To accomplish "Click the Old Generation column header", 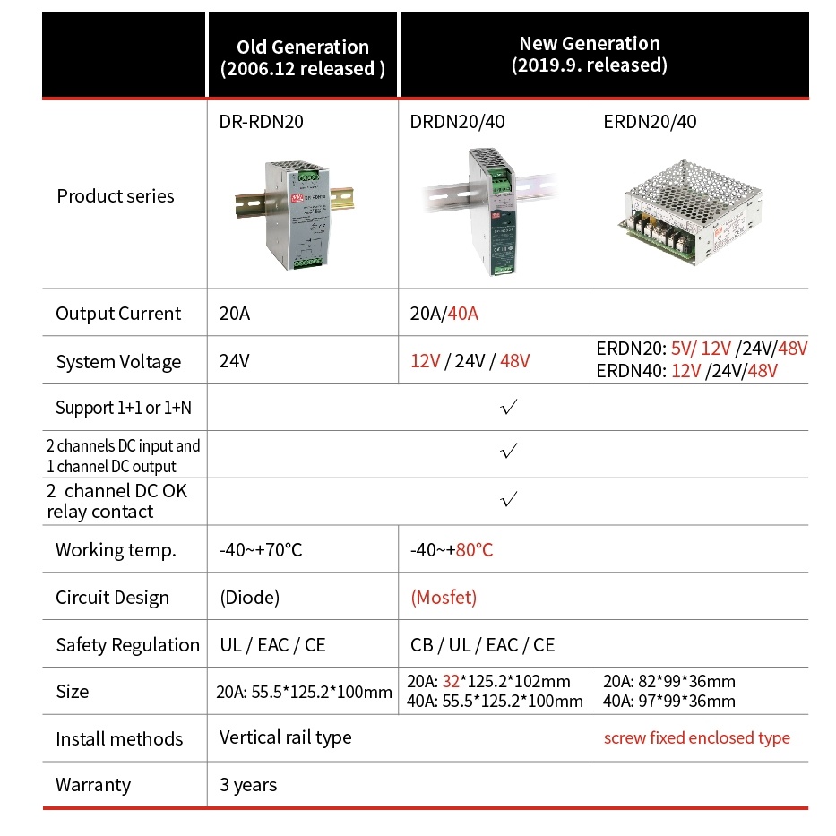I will point(303,57).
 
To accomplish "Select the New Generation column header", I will point(590,54).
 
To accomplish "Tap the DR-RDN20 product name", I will point(262,123).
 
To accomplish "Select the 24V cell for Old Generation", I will point(237,362).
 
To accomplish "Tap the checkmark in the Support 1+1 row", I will point(509,408).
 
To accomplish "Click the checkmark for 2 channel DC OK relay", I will point(509,500).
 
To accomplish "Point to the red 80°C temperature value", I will point(474,550).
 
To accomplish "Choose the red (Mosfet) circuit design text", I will point(444,598).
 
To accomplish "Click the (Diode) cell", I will point(250,598).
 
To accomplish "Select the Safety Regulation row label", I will point(127,645).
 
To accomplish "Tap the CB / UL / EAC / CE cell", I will point(483,645).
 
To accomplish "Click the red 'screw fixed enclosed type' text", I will point(697,738).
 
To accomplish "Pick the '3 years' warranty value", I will point(248,785).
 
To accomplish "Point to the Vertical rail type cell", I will point(286,737).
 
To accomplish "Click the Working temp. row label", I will point(116,550).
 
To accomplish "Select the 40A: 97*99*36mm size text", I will point(669,702).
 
